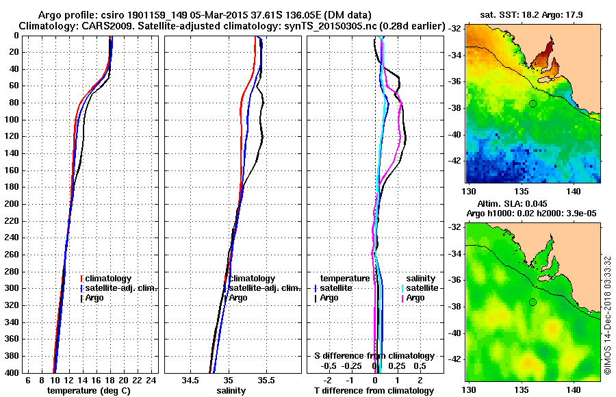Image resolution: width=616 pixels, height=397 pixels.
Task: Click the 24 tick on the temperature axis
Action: point(152,380)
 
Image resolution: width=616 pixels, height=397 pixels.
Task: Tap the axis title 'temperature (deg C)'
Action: point(88,390)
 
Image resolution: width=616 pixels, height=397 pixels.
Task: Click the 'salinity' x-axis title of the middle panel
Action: point(231,390)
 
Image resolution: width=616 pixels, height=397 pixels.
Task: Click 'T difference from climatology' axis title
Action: point(374,390)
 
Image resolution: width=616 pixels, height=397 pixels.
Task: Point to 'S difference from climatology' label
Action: point(374,356)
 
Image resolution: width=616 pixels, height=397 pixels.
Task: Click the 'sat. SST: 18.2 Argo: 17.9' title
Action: point(532,13)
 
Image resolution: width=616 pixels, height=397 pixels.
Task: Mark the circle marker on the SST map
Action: point(532,103)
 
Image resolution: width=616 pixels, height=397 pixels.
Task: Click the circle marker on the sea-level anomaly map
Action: point(532,303)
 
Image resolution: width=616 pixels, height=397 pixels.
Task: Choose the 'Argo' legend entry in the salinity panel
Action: point(238,298)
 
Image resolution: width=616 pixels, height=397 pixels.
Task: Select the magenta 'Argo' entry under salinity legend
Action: point(415,298)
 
